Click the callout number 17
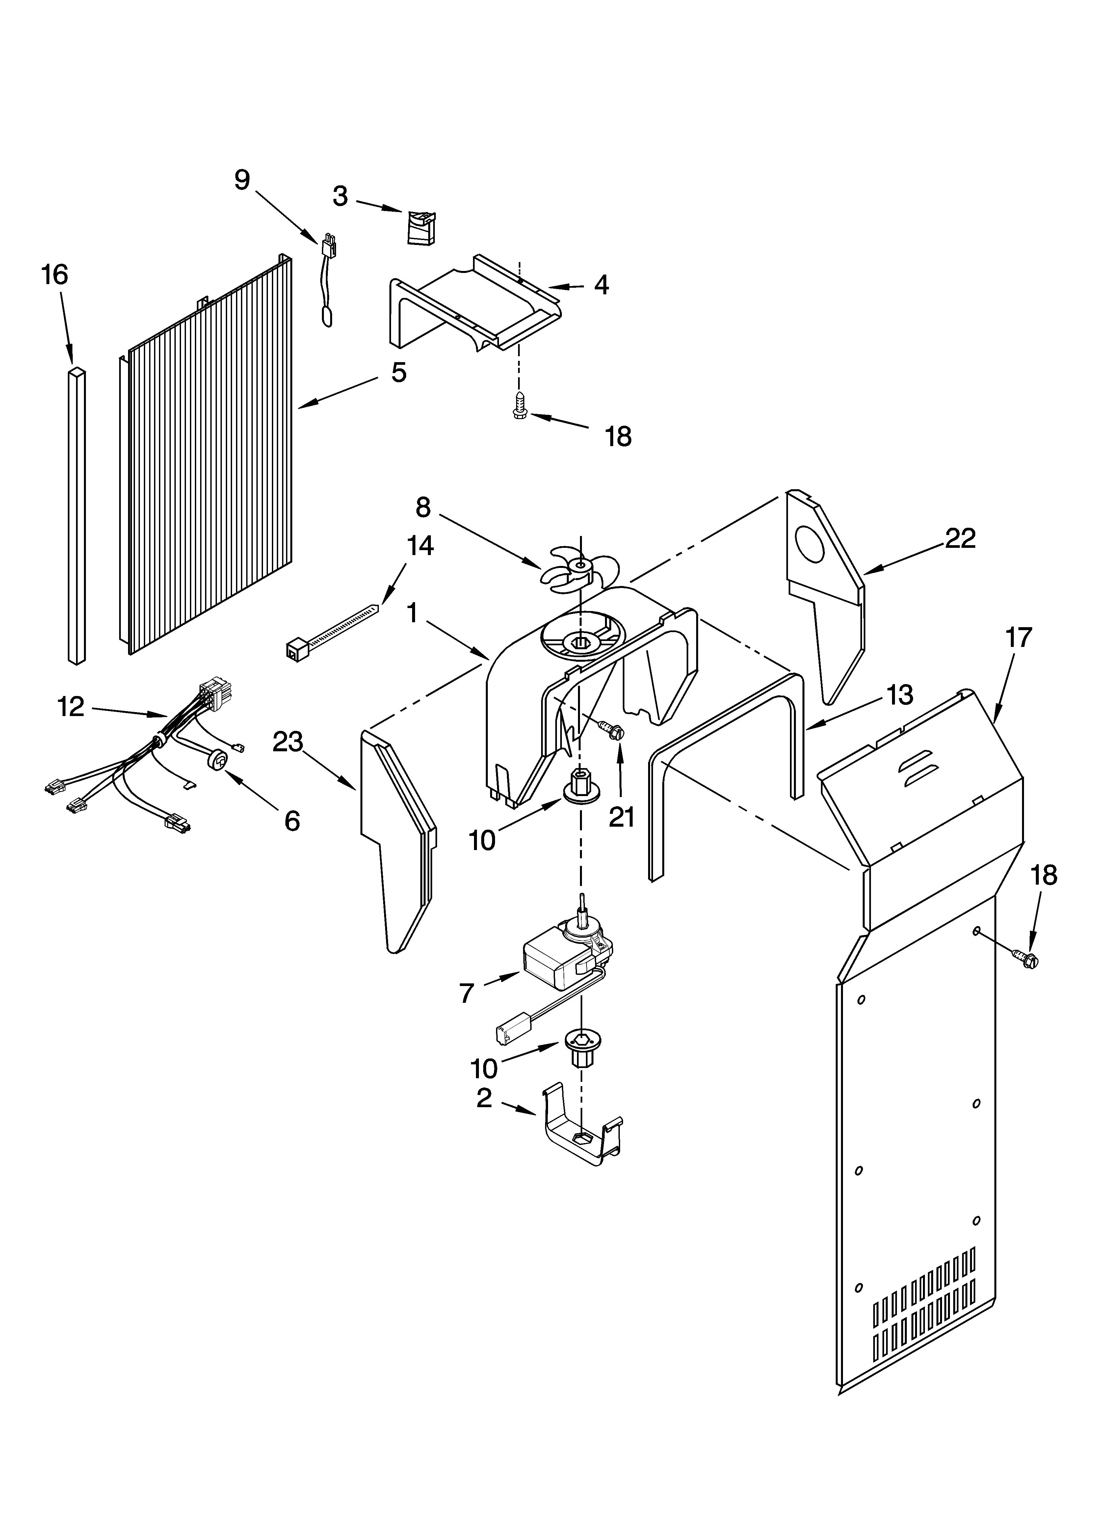1018,637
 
